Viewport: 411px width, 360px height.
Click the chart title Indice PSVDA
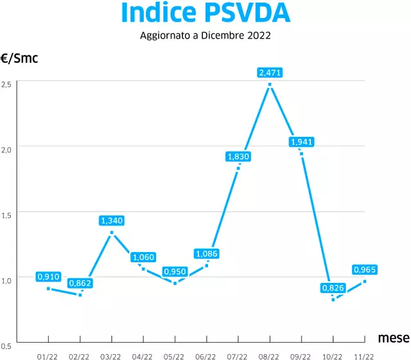coord(205,13)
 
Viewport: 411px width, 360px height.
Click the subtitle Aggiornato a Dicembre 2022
coord(205,36)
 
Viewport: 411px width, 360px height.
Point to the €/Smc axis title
coord(19,59)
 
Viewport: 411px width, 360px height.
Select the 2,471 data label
coord(269,73)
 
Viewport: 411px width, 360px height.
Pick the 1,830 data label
coord(238,156)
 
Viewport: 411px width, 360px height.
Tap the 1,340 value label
coord(112,221)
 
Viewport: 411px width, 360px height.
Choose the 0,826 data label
coord(333,288)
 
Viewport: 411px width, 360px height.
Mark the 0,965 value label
coord(364,269)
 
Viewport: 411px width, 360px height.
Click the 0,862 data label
coord(80,283)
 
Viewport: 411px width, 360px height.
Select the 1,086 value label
coord(206,254)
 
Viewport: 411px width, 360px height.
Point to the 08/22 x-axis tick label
coord(269,355)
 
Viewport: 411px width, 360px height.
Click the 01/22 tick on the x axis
coord(48,355)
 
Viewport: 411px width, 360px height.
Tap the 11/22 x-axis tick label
coord(364,355)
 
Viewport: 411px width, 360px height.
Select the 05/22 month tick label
coord(175,355)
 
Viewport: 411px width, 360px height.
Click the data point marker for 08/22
coord(270,84)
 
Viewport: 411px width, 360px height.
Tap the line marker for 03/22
coord(112,232)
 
